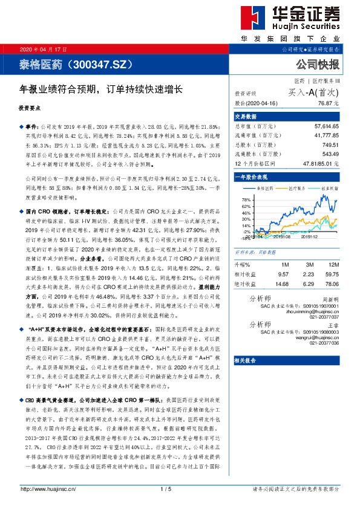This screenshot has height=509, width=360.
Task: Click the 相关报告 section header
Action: pyautogui.click(x=246, y=360)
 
